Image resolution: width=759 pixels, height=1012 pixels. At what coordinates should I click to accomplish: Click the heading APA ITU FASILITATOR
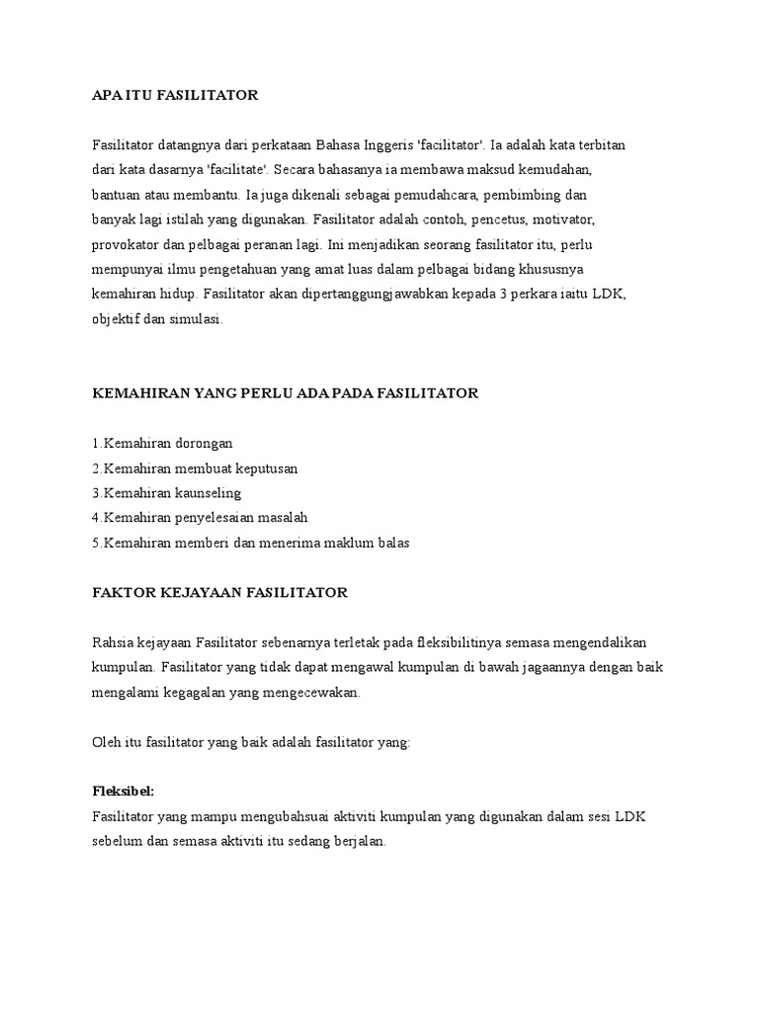tap(174, 95)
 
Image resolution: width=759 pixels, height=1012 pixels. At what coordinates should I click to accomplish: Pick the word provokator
tap(125, 244)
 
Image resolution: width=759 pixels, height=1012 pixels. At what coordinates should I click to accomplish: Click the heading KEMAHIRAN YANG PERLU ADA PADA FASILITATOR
tap(285, 393)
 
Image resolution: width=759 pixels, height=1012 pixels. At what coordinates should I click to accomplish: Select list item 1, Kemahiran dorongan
tap(162, 443)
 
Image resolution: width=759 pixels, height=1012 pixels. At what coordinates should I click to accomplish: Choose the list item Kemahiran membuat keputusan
tap(195, 467)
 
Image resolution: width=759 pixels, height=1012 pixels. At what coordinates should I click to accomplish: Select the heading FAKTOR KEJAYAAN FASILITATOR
tap(219, 592)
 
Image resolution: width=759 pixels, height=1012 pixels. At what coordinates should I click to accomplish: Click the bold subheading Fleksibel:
tap(124, 793)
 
